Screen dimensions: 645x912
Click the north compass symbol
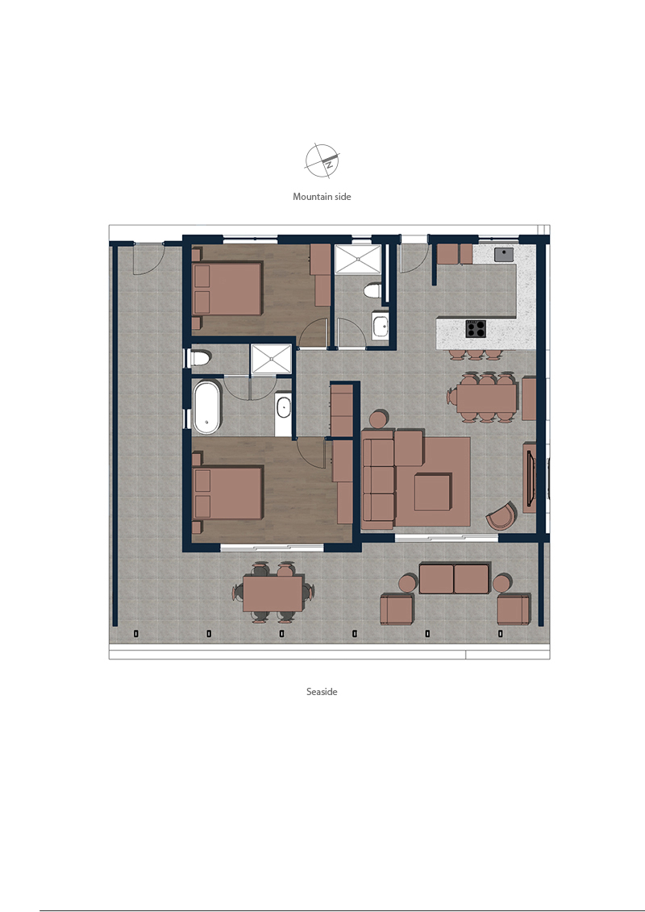[x=322, y=160]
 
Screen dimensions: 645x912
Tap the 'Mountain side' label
[x=322, y=197]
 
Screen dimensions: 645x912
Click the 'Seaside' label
[x=322, y=692]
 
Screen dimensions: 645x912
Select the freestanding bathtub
[x=206, y=406]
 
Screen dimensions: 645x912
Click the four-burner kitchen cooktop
[x=475, y=329]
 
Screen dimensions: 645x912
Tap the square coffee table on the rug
[x=433, y=492]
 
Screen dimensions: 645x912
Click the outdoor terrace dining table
[x=273, y=593]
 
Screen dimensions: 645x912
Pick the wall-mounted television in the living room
[x=530, y=477]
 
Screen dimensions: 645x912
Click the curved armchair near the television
[x=501, y=517]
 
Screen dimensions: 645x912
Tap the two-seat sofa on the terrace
[x=454, y=578]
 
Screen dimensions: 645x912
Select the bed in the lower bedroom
[x=227, y=493]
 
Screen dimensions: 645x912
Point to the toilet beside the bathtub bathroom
[x=200, y=358]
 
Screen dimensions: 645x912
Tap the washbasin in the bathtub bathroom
[x=283, y=407]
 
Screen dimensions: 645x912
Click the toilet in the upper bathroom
[x=372, y=290]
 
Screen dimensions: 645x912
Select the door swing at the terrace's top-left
[x=149, y=260]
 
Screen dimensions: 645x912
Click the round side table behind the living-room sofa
[x=380, y=419]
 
